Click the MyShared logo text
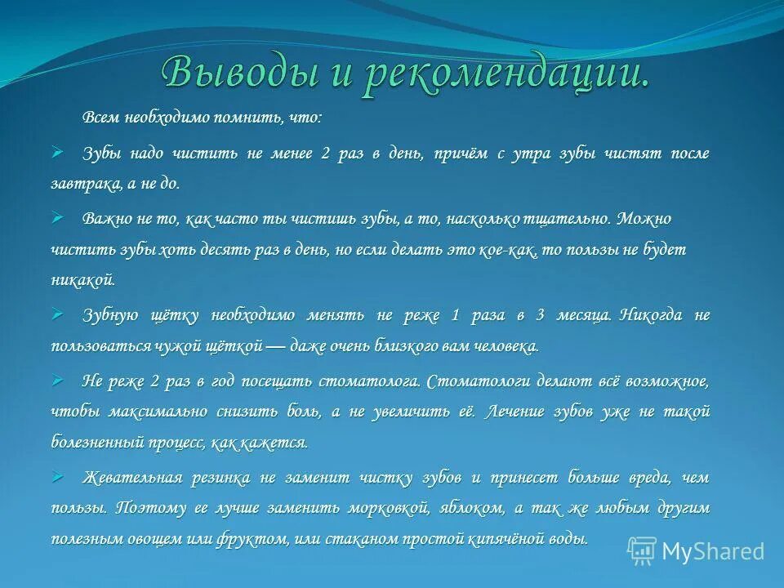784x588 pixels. coord(713,552)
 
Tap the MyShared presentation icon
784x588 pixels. coord(643,551)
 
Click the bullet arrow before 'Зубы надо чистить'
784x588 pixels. coord(57,153)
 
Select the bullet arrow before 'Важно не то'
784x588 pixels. coord(57,218)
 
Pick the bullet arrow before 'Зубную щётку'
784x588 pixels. coord(57,314)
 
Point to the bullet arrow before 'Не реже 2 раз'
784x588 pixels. coord(57,381)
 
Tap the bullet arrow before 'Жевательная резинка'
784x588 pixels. coord(57,476)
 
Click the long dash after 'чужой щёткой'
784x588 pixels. coord(278,347)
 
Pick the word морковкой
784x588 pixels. coord(387,508)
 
